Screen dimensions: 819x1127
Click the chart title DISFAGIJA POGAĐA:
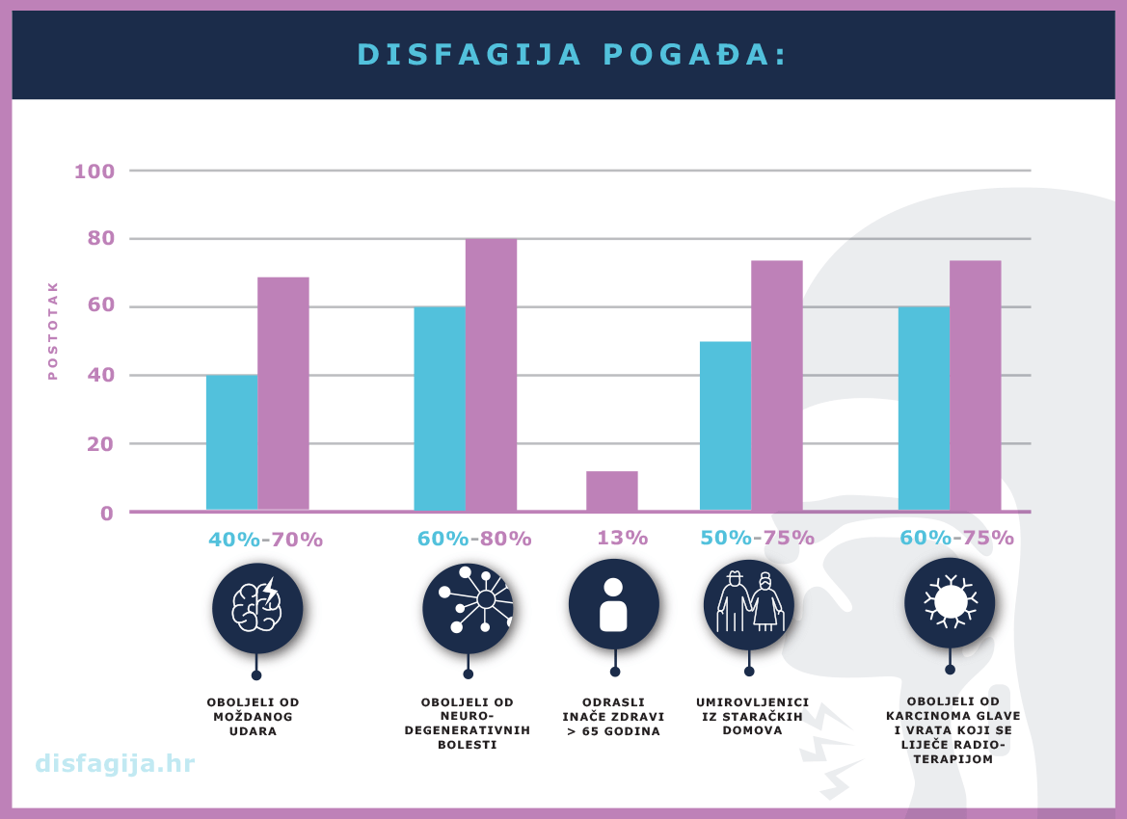pyautogui.click(x=572, y=54)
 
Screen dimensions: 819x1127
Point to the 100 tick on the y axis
pyautogui.click(x=94, y=172)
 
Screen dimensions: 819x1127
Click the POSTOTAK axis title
pyautogui.click(x=53, y=330)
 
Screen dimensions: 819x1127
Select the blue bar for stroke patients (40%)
pyautogui.click(x=231, y=442)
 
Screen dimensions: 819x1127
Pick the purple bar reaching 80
pyautogui.click(x=491, y=375)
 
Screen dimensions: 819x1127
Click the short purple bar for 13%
pyautogui.click(x=611, y=490)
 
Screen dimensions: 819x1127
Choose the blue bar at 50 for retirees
pyautogui.click(x=725, y=425)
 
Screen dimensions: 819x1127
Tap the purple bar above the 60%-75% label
pyautogui.click(x=975, y=385)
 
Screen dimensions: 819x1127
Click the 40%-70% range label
pyautogui.click(x=266, y=540)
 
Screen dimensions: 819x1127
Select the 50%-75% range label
pyautogui.click(x=757, y=538)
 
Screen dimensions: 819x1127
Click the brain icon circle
pyautogui.click(x=257, y=608)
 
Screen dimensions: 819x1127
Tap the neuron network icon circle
pyautogui.click(x=468, y=608)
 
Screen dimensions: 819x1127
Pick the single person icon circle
pyautogui.click(x=614, y=604)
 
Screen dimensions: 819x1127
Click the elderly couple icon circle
pyautogui.click(x=749, y=605)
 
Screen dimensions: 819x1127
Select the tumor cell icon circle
pyautogui.click(x=950, y=602)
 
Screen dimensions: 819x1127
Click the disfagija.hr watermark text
pyautogui.click(x=115, y=764)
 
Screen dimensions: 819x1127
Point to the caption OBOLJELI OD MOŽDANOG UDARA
pyautogui.click(x=254, y=717)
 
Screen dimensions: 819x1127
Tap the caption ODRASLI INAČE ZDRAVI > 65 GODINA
pyautogui.click(x=613, y=717)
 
